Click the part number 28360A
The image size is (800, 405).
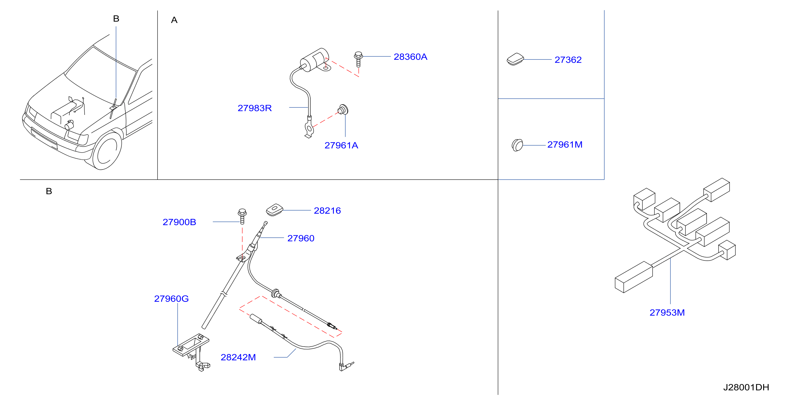click(410, 57)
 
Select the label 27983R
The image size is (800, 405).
click(255, 108)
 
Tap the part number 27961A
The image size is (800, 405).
click(341, 145)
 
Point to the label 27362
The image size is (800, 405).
click(568, 60)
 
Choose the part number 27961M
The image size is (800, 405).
click(565, 145)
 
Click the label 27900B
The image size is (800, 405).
click(180, 222)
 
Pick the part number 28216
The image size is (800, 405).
click(327, 211)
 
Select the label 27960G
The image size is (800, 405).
click(171, 299)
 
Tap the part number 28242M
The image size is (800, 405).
click(238, 358)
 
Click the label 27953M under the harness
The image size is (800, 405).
click(667, 313)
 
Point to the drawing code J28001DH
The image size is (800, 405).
click(746, 387)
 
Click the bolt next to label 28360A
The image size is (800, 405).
click(358, 59)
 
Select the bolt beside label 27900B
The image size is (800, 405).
click(242, 216)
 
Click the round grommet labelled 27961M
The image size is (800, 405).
click(518, 145)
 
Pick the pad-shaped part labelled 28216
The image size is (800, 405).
click(275, 210)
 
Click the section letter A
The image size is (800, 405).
click(174, 20)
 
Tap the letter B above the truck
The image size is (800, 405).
click(116, 19)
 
